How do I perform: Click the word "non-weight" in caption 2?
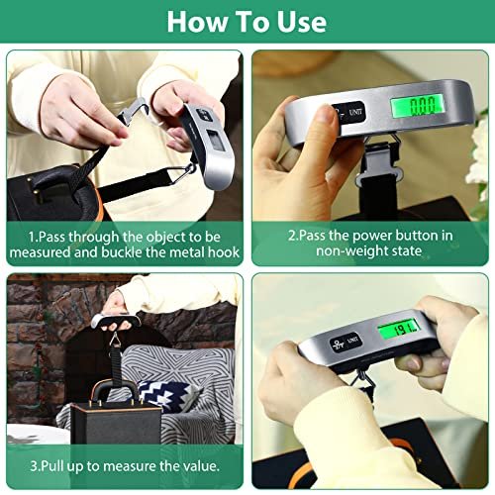352,253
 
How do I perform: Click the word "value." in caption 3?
198,465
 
